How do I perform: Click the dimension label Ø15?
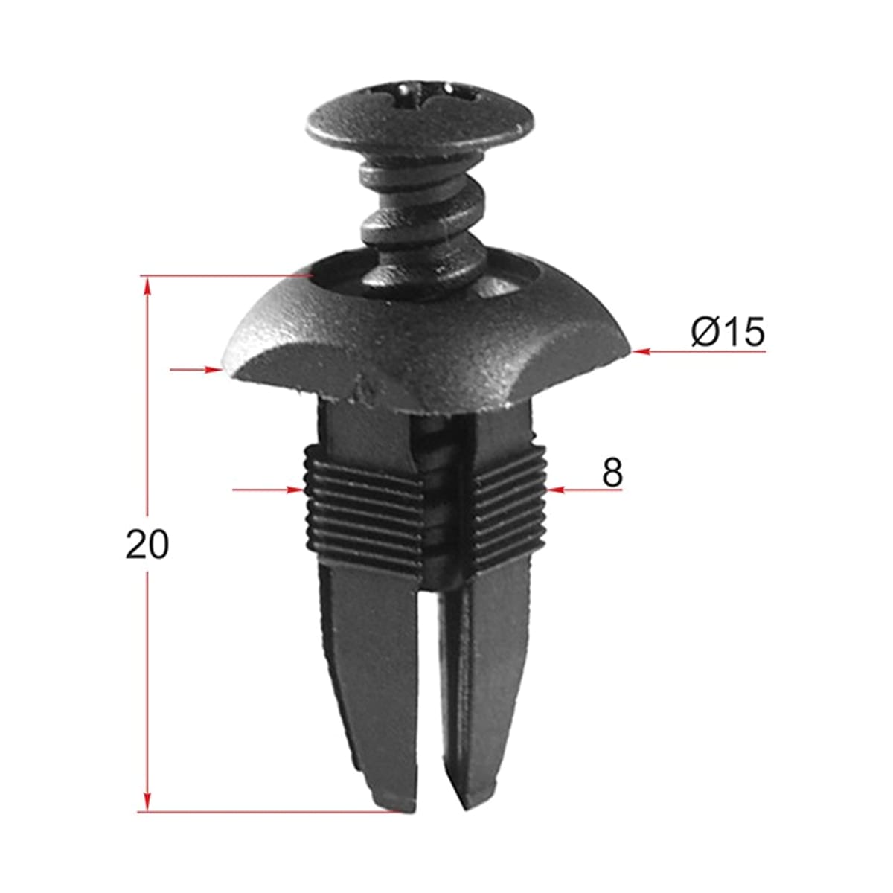[727, 332]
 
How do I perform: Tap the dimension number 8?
[612, 473]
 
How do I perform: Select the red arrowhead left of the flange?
[213, 369]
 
